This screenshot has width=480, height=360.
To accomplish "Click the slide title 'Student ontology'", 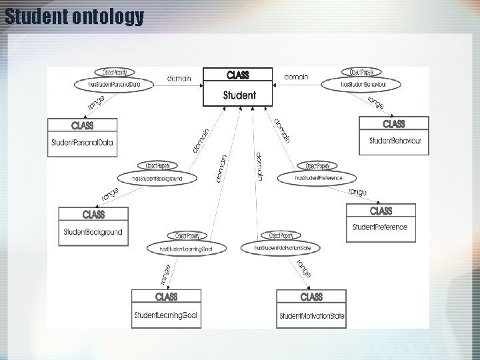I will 73,16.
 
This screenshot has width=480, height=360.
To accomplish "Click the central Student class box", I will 239,87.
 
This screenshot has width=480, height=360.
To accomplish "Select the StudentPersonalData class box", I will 82,137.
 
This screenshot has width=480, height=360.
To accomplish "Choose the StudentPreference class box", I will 381,223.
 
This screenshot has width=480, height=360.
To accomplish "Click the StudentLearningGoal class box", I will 166,308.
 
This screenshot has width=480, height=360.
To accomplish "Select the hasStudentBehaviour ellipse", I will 363,85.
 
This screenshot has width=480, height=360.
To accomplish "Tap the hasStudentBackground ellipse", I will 157,179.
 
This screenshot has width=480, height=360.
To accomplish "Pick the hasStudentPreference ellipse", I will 320,178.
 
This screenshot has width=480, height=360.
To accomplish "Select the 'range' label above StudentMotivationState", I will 304,268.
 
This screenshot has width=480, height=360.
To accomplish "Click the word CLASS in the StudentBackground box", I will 93,215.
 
